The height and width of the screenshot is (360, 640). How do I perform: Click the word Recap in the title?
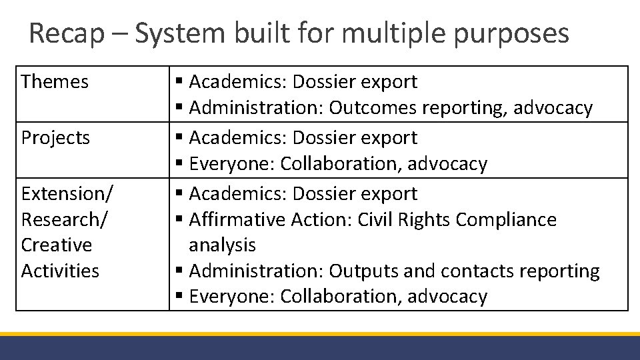click(67, 33)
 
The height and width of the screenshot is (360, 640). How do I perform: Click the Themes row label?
click(55, 82)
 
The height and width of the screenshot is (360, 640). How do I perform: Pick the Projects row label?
click(55, 138)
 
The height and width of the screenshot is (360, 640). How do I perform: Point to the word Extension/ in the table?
click(67, 194)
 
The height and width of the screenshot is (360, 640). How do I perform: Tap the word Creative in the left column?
click(57, 245)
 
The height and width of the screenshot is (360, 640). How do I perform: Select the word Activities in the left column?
click(60, 271)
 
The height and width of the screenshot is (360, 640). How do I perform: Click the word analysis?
click(222, 245)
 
